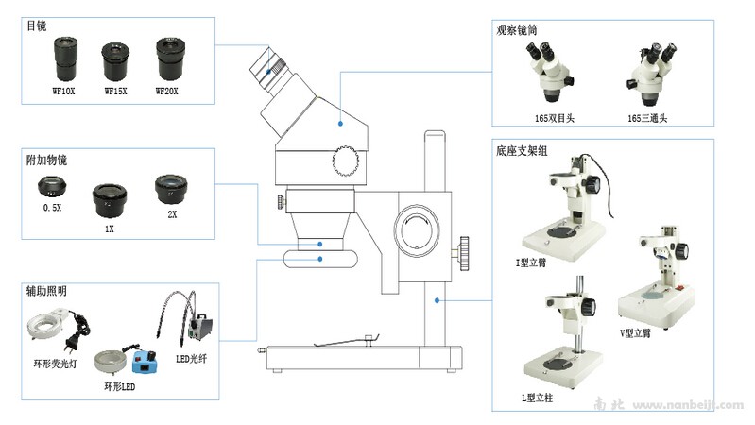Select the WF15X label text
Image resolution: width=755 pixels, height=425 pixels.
[x=116, y=91]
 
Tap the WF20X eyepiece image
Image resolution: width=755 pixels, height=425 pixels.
[x=169, y=59]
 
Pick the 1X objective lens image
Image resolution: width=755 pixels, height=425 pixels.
[x=109, y=199]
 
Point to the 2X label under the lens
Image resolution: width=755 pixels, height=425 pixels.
[x=171, y=213]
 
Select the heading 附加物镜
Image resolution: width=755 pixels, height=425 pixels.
[x=46, y=161]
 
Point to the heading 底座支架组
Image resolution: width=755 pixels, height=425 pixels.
[x=519, y=150]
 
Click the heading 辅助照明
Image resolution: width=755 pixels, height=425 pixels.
[x=46, y=292]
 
